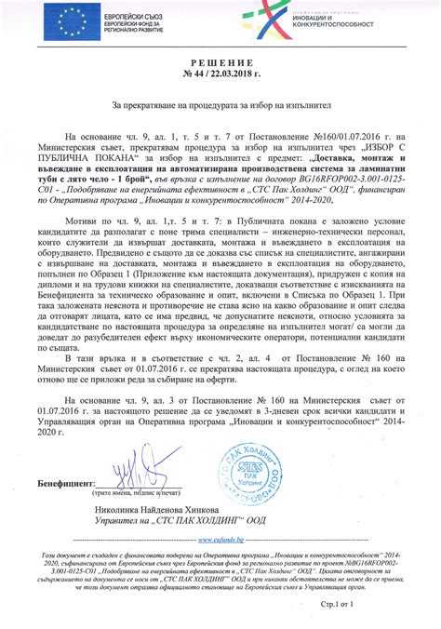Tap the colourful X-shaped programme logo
270,19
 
